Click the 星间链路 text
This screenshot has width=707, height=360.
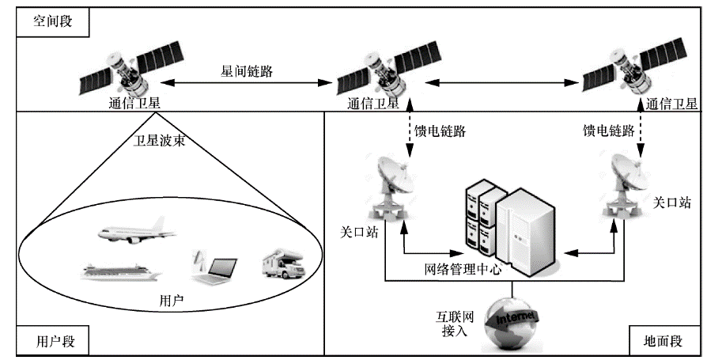pyautogui.click(x=248, y=70)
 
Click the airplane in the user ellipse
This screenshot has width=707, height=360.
pyautogui.click(x=135, y=231)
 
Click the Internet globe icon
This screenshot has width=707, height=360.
pyautogui.click(x=515, y=320)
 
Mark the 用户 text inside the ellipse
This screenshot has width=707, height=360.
pyautogui.click(x=171, y=302)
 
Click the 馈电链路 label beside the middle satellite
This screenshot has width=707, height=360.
pyautogui.click(x=440, y=131)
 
